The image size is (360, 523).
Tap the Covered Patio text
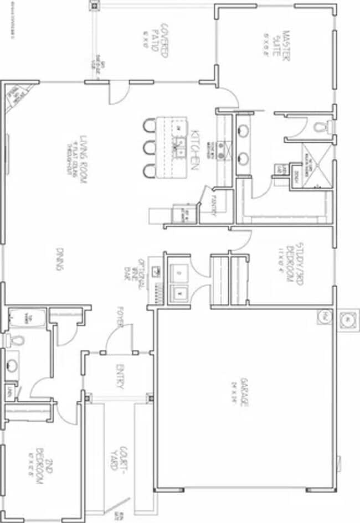click(162, 42)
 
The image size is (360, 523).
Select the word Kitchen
click(194, 149)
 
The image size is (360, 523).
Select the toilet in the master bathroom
click(321, 127)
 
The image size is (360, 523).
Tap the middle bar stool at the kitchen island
click(148, 148)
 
